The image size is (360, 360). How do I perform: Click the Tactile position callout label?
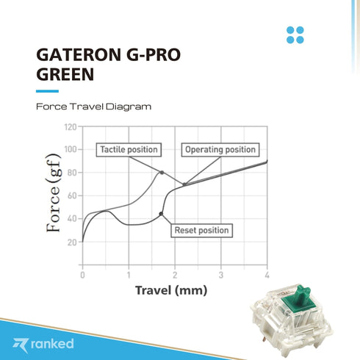pos(129,150)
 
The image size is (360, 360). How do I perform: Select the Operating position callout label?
pos(220,150)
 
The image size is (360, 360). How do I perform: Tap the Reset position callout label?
pos(201,231)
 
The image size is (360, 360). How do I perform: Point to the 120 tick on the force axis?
pos(70,127)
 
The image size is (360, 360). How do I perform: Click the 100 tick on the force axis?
pos(70,150)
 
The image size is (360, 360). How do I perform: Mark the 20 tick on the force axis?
pos(71,242)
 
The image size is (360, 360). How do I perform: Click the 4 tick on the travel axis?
pos(267,274)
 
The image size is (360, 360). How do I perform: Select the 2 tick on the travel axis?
pos(175,274)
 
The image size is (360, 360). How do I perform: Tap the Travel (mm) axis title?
pos(171,290)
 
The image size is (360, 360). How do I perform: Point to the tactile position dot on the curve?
pos(162,172)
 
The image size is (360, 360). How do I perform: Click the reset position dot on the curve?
pos(161,214)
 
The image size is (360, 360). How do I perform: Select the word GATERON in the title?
pos(76,55)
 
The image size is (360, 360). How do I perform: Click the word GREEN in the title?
pos(65,74)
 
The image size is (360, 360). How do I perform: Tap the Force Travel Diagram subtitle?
pos(93,107)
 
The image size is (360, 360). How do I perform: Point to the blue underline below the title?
pos(47,90)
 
